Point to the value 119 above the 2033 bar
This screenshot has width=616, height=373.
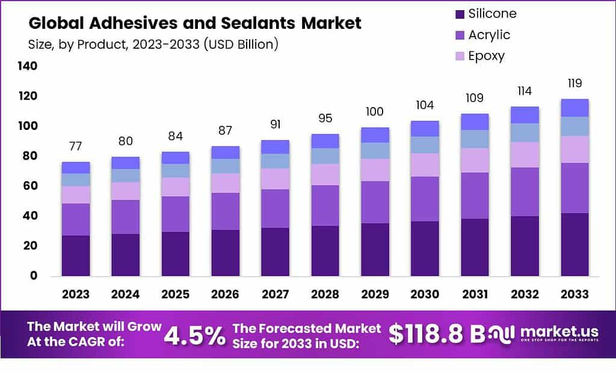tap(574, 83)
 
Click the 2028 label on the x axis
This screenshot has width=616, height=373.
tap(325, 294)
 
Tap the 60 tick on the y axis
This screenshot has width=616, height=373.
tap(29, 186)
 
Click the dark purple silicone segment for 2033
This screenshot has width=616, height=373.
tap(574, 244)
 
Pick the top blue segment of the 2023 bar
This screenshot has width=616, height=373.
tap(76, 167)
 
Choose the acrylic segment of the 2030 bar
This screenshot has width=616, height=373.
tap(425, 199)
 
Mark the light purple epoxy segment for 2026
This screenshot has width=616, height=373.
tap(226, 183)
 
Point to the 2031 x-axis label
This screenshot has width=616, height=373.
tap(475, 294)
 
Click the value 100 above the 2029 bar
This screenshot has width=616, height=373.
tap(375, 112)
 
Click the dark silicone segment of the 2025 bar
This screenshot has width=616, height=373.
tap(176, 254)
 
